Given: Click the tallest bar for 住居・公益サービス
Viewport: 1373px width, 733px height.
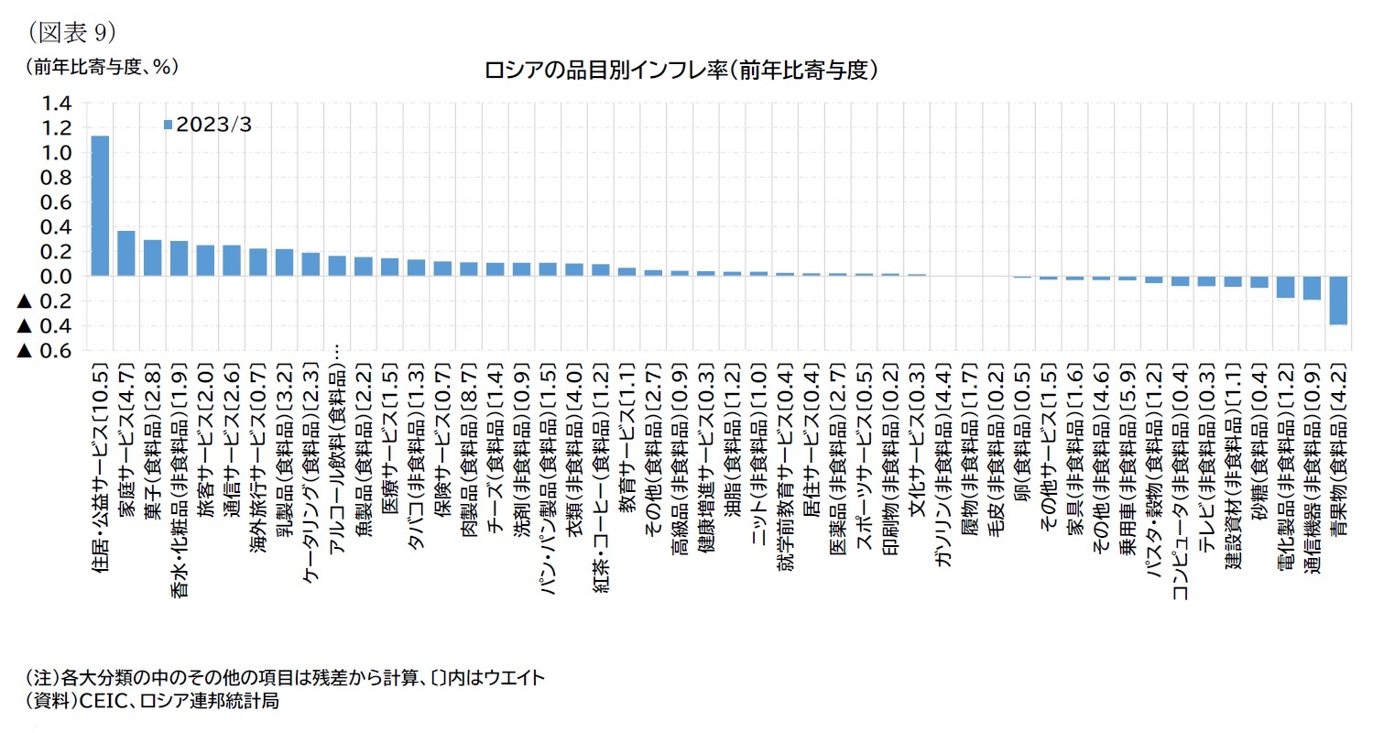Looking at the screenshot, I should [100, 206].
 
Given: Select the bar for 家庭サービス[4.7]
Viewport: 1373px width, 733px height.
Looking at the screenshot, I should [126, 253].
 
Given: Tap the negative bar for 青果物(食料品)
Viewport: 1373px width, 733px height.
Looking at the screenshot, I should [1337, 300].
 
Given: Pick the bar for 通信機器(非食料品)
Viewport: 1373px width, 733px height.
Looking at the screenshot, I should [1311, 288].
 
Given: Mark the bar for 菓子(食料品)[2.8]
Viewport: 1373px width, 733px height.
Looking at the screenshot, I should [153, 257].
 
